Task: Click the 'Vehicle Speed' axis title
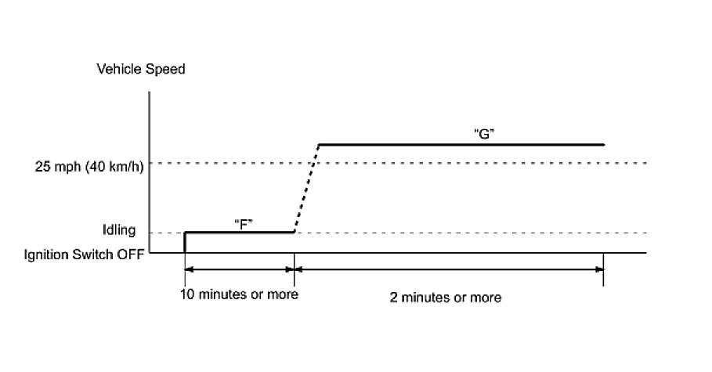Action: (x=140, y=70)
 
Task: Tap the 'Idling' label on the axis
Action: (x=119, y=231)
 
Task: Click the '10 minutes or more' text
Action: (x=240, y=295)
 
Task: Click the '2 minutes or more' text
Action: (x=446, y=298)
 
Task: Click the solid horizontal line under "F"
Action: (x=239, y=232)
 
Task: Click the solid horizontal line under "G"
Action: (x=462, y=144)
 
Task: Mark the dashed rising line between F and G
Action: (x=306, y=188)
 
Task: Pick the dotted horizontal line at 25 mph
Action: (x=470, y=163)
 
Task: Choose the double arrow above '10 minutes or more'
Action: (x=239, y=269)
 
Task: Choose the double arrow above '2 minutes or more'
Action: (x=448, y=269)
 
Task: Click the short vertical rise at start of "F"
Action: (x=184, y=242)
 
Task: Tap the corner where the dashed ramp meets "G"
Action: (x=319, y=144)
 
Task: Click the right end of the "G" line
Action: (x=604, y=144)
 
